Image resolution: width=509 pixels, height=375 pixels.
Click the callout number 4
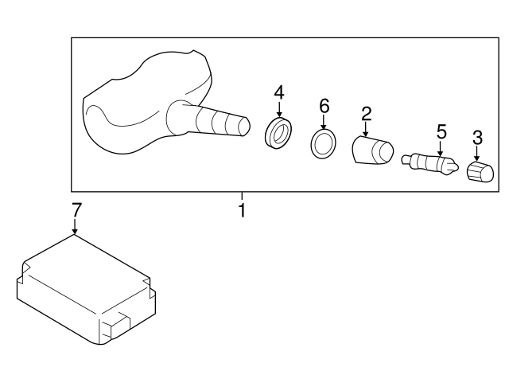tap(279, 92)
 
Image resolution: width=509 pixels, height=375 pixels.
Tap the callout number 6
tap(324, 106)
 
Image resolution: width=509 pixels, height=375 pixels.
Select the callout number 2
tap(366, 114)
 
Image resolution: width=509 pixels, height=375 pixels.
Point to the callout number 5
tap(441, 131)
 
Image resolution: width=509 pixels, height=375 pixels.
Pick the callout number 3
tap(477, 138)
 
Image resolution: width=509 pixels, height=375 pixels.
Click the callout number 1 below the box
tap(242, 210)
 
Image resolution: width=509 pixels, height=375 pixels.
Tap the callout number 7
tap(76, 210)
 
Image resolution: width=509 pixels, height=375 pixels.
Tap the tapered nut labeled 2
tap(373, 150)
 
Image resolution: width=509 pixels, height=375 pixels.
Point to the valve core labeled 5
tap(430, 162)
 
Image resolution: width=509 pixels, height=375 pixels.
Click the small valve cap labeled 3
tap(480, 172)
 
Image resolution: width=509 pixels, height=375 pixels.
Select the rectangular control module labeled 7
tap(86, 290)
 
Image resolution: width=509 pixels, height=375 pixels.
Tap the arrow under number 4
tap(279, 110)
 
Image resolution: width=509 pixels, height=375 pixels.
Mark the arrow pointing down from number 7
tap(75, 226)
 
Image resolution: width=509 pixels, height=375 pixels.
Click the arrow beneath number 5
tap(440, 148)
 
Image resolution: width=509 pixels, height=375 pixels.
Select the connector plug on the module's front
tap(116, 326)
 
